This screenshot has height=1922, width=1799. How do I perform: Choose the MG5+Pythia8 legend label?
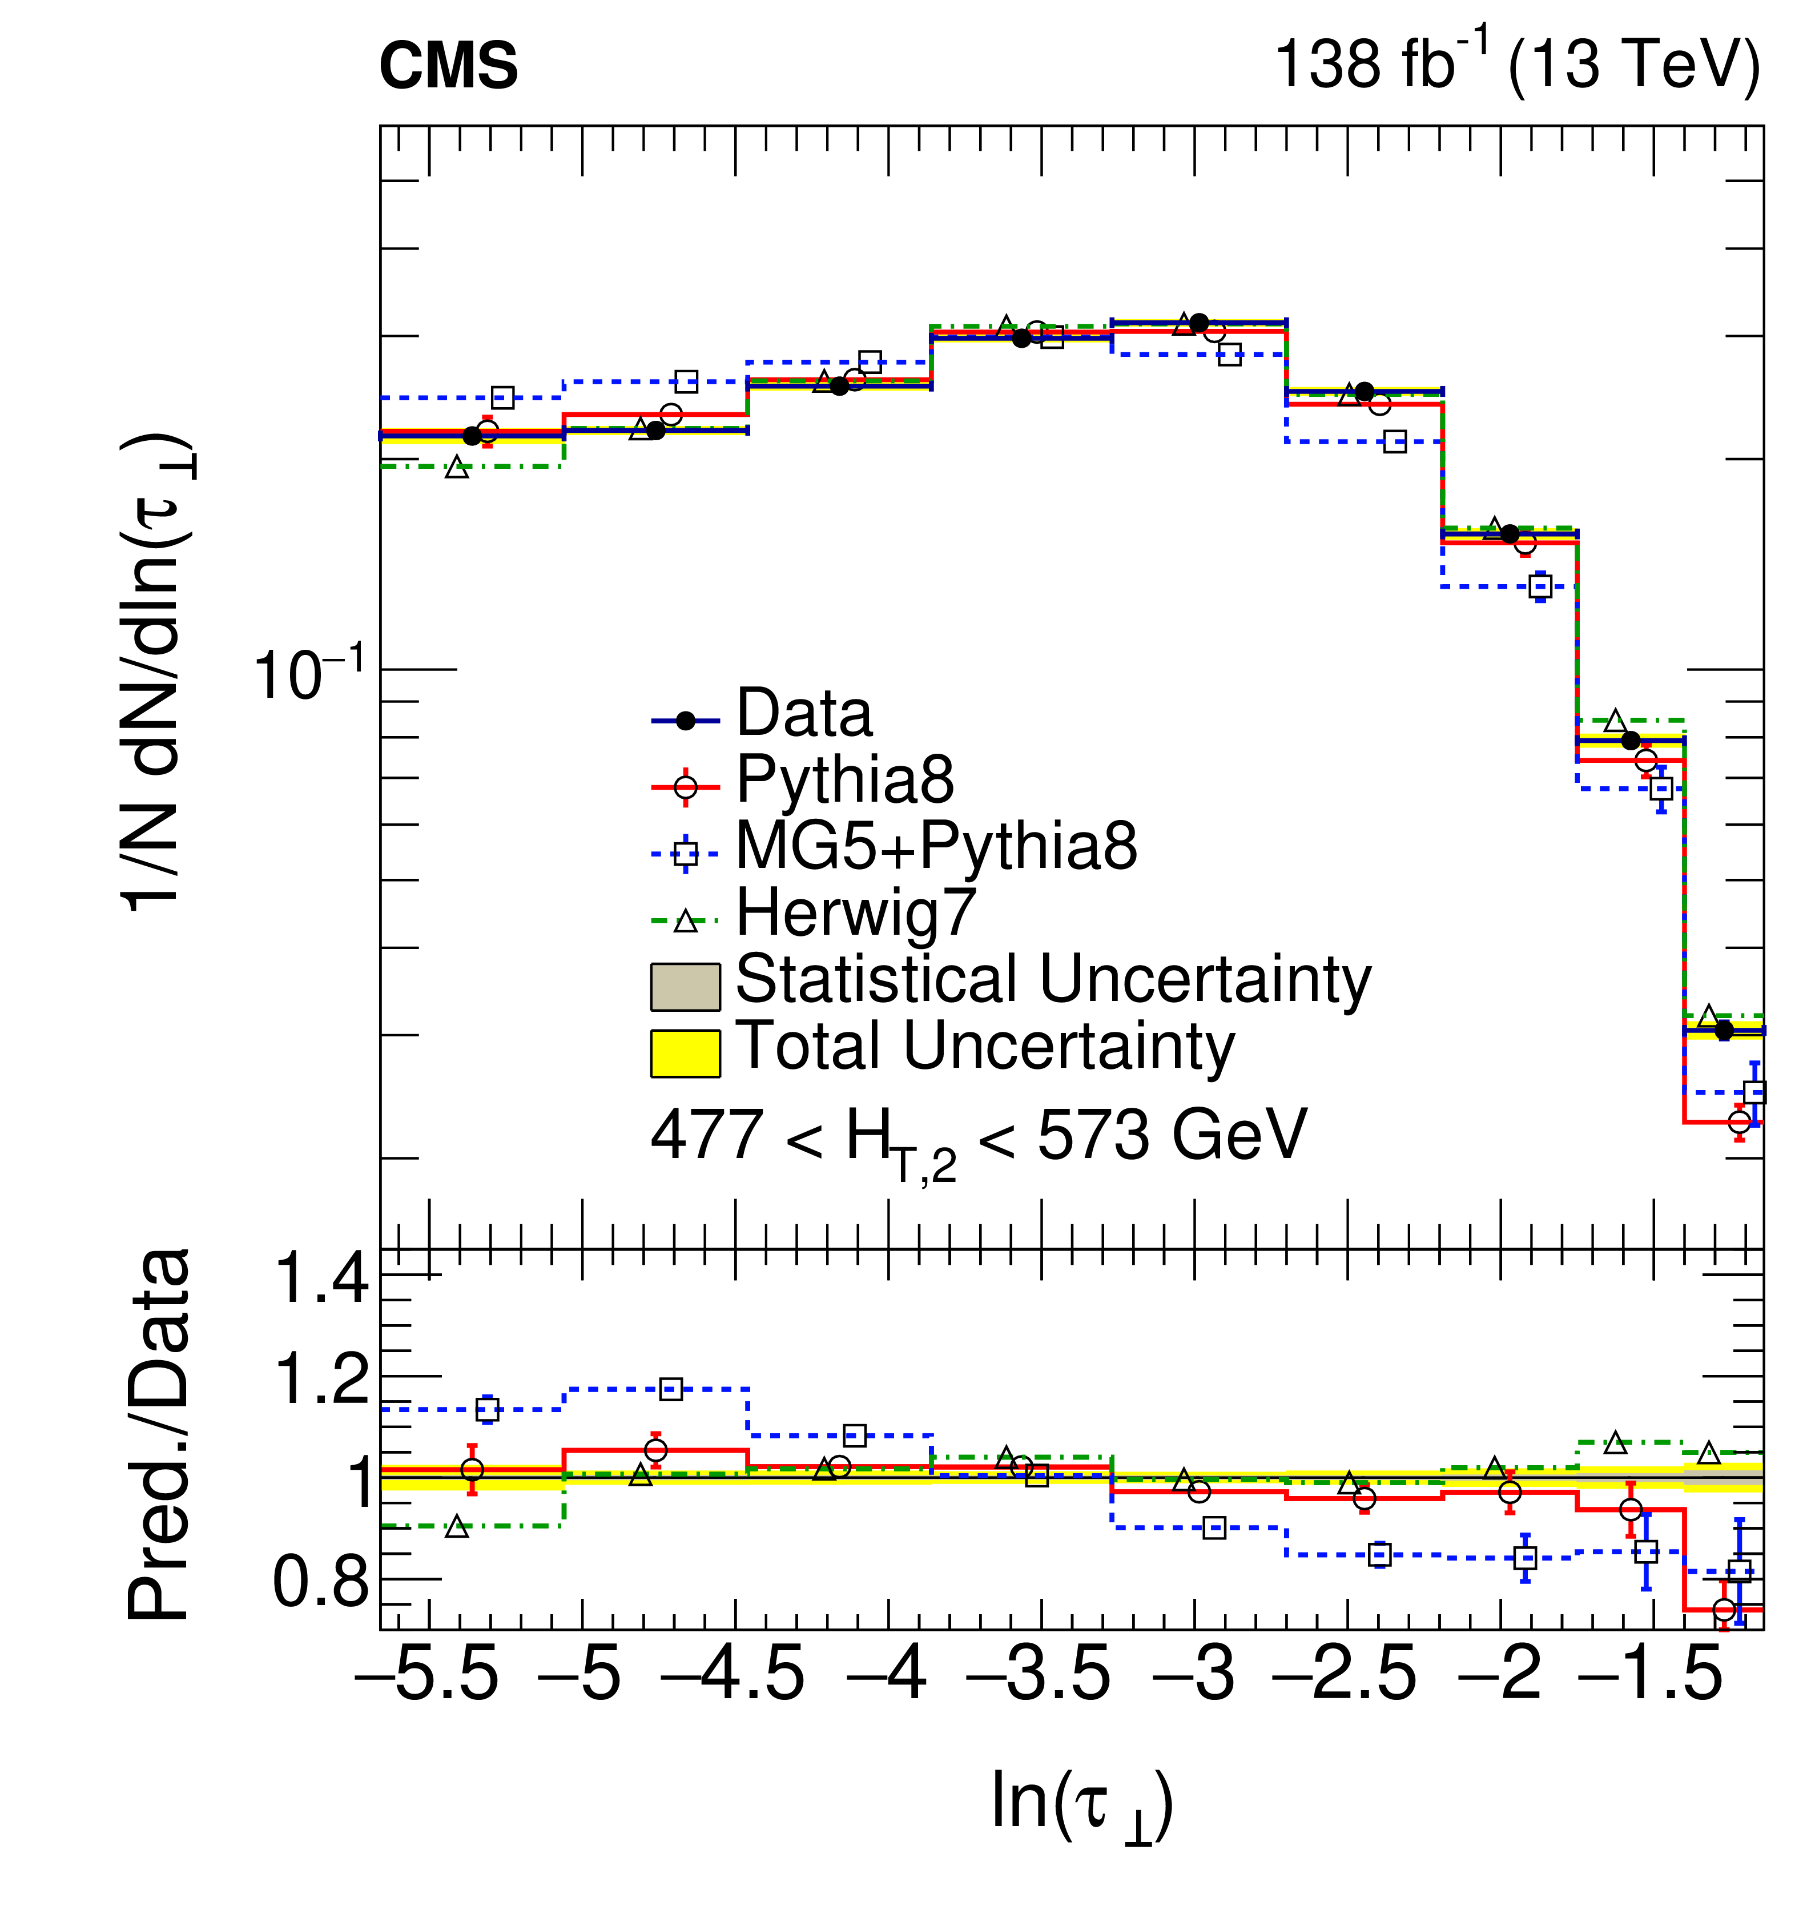936,846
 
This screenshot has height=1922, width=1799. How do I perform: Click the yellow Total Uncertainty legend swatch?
685,1053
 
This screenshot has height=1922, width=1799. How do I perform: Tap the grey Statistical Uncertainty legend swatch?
685,986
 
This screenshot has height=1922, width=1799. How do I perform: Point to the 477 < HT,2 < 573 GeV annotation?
978,1138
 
